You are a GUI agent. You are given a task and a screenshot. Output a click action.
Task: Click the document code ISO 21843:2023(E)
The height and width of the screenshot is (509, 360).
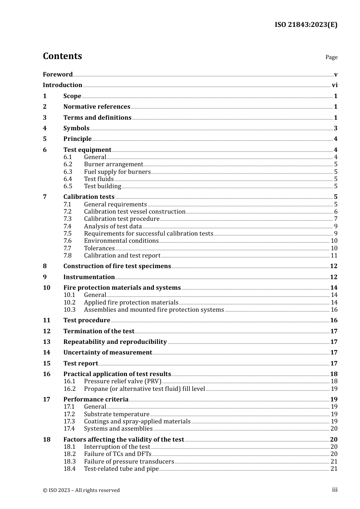tap(306, 25)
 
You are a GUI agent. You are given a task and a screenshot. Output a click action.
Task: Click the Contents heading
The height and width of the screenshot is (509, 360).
tap(62, 56)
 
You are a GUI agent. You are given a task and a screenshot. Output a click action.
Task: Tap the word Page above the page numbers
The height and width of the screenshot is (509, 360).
tap(331, 57)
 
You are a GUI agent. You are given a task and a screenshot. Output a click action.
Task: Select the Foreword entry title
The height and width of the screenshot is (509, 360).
tap(58, 74)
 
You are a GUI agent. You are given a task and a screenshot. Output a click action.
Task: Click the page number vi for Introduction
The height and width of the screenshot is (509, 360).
tap(335, 85)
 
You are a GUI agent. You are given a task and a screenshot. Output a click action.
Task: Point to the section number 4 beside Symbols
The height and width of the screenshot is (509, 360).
tap(45, 128)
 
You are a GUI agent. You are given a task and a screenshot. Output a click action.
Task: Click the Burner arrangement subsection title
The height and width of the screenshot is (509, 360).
tap(113, 164)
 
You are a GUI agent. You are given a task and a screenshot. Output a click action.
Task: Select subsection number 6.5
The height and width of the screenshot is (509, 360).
tap(68, 186)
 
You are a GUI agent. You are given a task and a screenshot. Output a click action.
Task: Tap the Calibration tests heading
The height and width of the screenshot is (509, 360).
tap(89, 197)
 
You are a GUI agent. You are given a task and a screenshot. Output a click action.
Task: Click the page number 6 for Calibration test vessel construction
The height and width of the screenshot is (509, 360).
tap(336, 212)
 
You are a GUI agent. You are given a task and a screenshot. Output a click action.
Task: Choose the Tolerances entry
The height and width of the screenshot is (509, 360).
tap(99, 248)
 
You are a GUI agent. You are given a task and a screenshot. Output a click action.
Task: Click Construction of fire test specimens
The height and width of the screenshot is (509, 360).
tap(117, 266)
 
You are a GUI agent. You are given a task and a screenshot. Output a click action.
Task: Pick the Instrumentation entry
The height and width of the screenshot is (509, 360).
tap(89, 277)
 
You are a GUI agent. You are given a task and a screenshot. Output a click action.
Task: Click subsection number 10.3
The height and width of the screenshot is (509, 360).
tap(69, 310)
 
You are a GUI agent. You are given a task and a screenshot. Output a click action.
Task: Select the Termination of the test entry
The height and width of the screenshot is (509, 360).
tap(99, 331)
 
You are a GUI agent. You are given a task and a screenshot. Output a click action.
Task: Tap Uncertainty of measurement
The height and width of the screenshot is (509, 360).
tap(108, 353)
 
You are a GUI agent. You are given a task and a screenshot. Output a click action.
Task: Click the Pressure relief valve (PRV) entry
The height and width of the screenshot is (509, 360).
tap(122, 381)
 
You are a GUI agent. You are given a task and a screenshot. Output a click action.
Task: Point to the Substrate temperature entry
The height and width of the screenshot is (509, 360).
tap(116, 414)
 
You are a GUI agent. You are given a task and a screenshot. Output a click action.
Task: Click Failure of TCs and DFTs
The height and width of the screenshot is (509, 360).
tap(117, 454)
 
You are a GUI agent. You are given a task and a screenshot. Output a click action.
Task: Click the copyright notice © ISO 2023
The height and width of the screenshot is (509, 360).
tap(81, 490)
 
